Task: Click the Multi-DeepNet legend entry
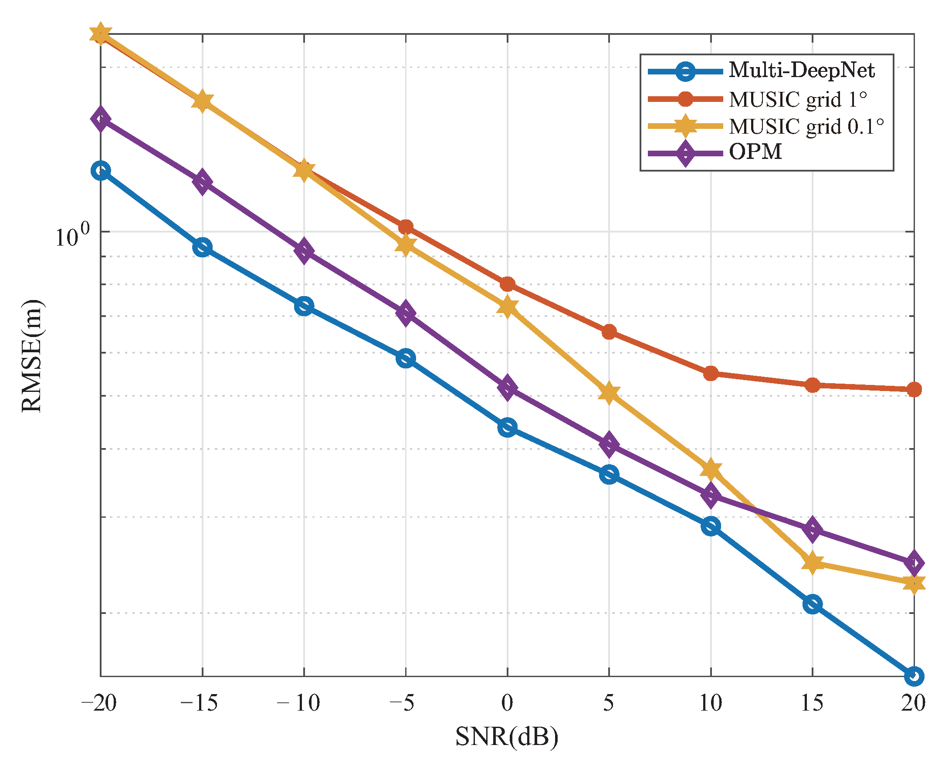pyautogui.click(x=801, y=71)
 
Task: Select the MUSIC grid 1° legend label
pyautogui.click(x=798, y=100)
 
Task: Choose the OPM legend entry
pyautogui.click(x=755, y=152)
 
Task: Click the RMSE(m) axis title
pyautogui.click(x=32, y=356)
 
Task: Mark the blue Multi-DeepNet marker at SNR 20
pyautogui.click(x=914, y=676)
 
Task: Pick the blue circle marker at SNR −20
pyautogui.click(x=101, y=171)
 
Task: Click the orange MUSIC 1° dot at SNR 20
pyautogui.click(x=914, y=389)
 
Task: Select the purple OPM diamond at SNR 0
pyautogui.click(x=508, y=388)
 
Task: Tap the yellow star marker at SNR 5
pyautogui.click(x=609, y=393)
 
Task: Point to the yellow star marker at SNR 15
pyautogui.click(x=813, y=562)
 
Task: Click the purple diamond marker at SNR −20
pyautogui.click(x=101, y=118)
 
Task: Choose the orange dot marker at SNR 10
pyautogui.click(x=711, y=374)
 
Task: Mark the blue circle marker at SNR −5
pyautogui.click(x=406, y=358)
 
